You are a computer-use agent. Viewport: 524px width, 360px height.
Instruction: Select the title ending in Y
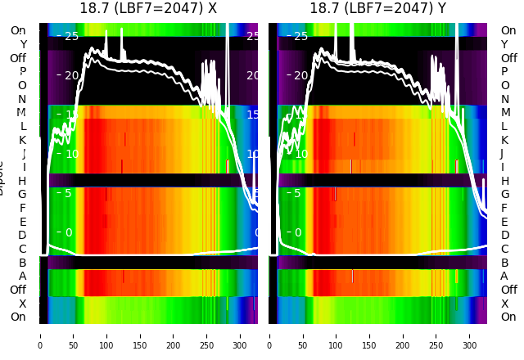pyautogui.click(x=377, y=9)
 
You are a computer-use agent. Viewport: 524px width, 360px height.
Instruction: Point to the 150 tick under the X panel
pyautogui.click(x=140, y=335)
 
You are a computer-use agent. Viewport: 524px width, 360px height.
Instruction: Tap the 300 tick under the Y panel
pyautogui.click(x=470, y=335)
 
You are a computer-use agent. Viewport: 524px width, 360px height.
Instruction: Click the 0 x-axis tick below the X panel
pyautogui.click(x=40, y=335)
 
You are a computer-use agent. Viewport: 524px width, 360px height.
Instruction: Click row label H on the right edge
pyautogui.click(x=505, y=181)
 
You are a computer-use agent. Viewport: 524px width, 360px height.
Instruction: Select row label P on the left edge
pyautogui.click(x=22, y=72)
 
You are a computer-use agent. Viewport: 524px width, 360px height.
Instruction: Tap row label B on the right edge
pyautogui.click(x=505, y=263)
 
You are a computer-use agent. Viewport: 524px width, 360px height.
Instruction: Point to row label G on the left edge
pyautogui.click(x=22, y=195)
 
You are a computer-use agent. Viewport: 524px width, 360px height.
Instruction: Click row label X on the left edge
pyautogui.click(x=22, y=304)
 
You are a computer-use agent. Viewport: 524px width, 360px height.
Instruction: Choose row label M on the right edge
pyautogui.click(x=505, y=113)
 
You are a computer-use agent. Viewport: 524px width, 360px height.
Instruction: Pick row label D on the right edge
pyautogui.click(x=505, y=236)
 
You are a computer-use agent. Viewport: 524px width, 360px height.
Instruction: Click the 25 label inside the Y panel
pyautogui.click(x=300, y=36)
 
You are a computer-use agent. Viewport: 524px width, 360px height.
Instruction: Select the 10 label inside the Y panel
pyautogui.click(x=300, y=154)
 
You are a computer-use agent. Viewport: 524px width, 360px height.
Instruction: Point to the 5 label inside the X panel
pyautogui.click(x=68, y=193)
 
